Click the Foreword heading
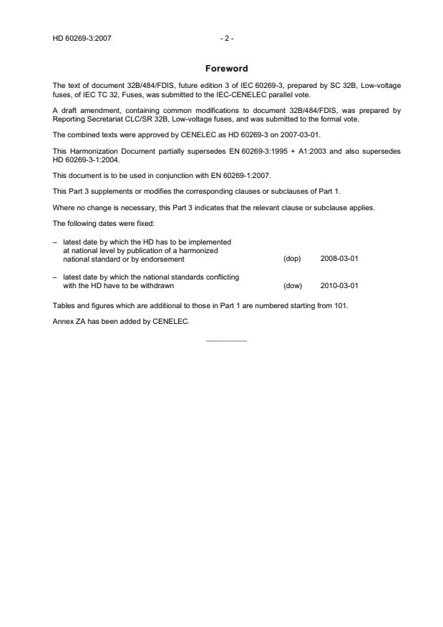tap(226, 69)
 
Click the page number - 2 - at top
tap(226, 38)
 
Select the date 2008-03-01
tap(339, 258)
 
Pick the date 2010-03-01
tap(339, 285)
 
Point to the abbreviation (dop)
tap(293, 258)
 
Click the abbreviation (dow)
tap(293, 285)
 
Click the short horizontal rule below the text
tap(226, 340)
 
